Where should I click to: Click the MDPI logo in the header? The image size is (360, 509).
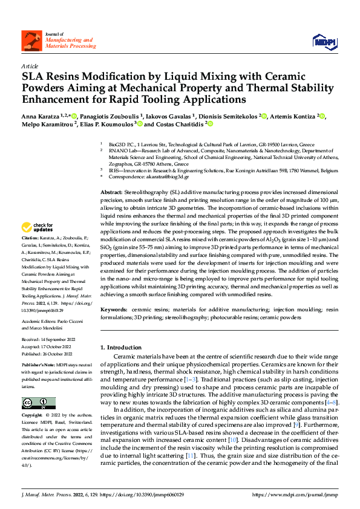323,41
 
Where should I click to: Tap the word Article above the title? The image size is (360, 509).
29,66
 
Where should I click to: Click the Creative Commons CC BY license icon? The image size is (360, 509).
35,403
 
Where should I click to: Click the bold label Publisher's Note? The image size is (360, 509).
37,366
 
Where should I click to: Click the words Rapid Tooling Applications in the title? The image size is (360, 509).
186,99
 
